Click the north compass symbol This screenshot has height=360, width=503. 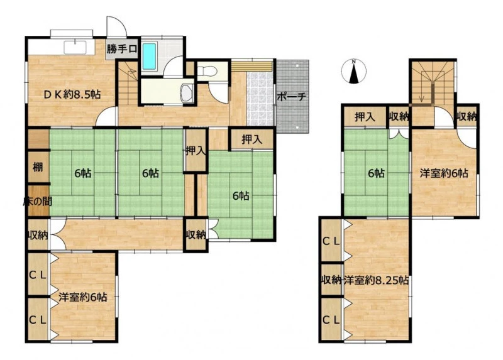pyautogui.click(x=353, y=71)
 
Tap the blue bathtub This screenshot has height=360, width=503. pyautogui.click(x=149, y=57)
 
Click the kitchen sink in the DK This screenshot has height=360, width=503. pyautogui.click(x=75, y=47)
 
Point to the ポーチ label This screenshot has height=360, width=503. pyautogui.click(x=291, y=97)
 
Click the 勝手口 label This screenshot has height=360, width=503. pyautogui.click(x=122, y=49)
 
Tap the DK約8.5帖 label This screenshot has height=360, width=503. pyautogui.click(x=72, y=95)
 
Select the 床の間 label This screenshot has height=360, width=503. pyautogui.click(x=38, y=201)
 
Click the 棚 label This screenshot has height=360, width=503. pyautogui.click(x=38, y=167)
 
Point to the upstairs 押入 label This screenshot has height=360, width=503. pyautogui.click(x=365, y=117)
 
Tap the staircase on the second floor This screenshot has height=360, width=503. pyautogui.click(x=433, y=83)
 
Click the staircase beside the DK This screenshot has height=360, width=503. pyautogui.click(x=128, y=84)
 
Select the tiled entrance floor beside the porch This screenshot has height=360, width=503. pyautogui.click(x=260, y=99)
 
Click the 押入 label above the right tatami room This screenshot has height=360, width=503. pyautogui.click(x=252, y=139)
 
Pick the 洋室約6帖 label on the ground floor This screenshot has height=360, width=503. pyautogui.click(x=83, y=297)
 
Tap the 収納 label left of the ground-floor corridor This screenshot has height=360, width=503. pyautogui.click(x=38, y=236)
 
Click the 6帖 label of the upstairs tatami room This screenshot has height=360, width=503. pyautogui.click(x=376, y=173)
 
